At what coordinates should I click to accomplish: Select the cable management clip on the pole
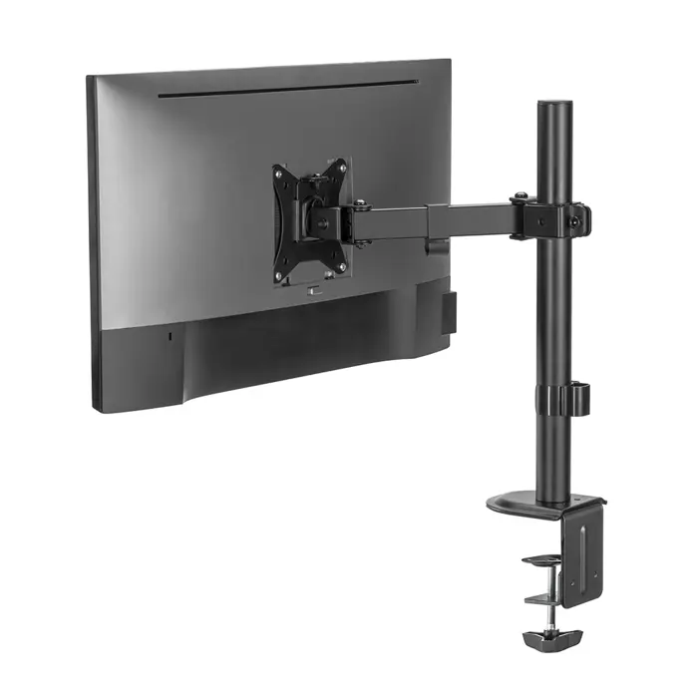[573, 399]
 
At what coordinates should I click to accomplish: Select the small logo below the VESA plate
[311, 290]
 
